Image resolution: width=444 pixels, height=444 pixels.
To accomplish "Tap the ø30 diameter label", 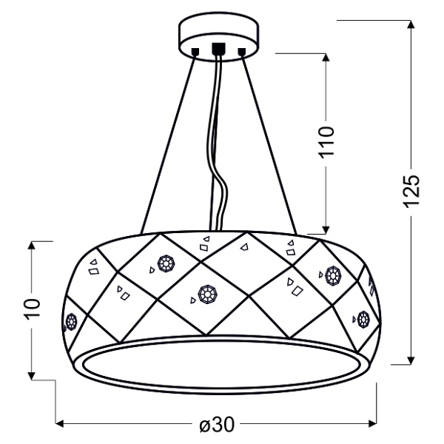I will click(x=217, y=425).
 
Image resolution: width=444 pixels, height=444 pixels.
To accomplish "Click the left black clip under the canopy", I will click(x=195, y=52).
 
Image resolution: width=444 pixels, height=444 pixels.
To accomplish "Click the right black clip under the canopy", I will click(x=241, y=52).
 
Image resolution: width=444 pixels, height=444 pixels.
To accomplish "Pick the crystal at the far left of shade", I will click(x=72, y=322).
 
